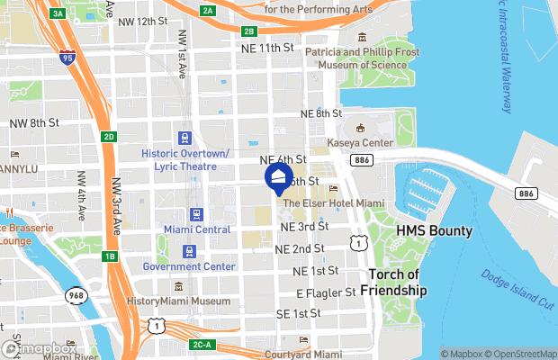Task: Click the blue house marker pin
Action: point(279,175)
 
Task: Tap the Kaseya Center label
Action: point(364,143)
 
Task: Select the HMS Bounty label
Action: point(435,231)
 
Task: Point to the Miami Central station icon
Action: point(195,214)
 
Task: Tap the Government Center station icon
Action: point(189,251)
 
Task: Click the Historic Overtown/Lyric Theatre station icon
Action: point(184,138)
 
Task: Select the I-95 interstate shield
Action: point(67,58)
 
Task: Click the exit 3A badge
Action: point(58,13)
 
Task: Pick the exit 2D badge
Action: point(109,137)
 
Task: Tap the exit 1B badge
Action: point(110,256)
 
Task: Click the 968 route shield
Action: point(76,295)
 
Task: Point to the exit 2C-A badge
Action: point(202,345)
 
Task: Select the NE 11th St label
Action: point(268,47)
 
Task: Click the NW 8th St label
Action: point(33,122)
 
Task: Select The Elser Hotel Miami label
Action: point(326,203)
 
